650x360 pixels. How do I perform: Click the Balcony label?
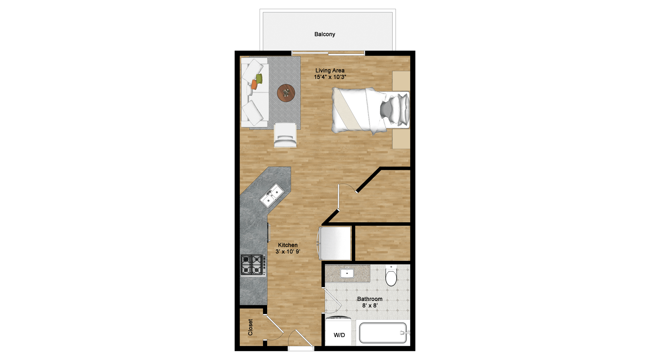pyautogui.click(x=325, y=34)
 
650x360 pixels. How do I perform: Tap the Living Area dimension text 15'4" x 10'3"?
pyautogui.click(x=330, y=77)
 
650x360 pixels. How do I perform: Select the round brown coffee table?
pyautogui.click(x=286, y=93)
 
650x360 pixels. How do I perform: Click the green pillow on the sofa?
pyautogui.click(x=259, y=78)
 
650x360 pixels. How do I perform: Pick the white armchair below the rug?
pyautogui.click(x=285, y=135)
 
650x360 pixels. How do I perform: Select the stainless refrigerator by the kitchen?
pyautogui.click(x=334, y=243)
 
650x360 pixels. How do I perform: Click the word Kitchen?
pyautogui.click(x=288, y=245)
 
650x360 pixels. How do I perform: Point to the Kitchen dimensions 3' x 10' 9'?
pyautogui.click(x=288, y=252)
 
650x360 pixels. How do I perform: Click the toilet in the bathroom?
pyautogui.click(x=391, y=275)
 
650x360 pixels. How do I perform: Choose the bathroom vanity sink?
pyautogui.click(x=347, y=273)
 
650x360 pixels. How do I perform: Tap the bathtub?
pyautogui.click(x=383, y=333)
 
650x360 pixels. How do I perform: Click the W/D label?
pyautogui.click(x=339, y=335)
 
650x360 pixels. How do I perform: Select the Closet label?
pyautogui.click(x=250, y=327)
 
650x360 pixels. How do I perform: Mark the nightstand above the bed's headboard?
pyautogui.click(x=401, y=81)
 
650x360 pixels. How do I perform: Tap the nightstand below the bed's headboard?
pyautogui.click(x=401, y=139)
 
